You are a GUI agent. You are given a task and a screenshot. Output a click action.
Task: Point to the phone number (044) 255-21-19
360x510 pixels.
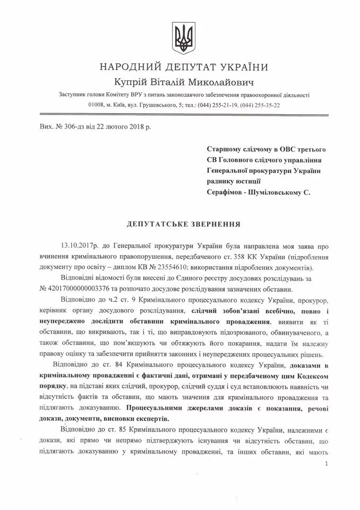pyautogui.click(x=216, y=105)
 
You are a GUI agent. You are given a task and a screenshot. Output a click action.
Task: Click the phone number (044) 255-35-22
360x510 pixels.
pyautogui.click(x=260, y=105)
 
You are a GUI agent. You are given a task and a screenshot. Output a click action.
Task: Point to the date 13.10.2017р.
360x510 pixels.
pyautogui.click(x=81, y=246)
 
